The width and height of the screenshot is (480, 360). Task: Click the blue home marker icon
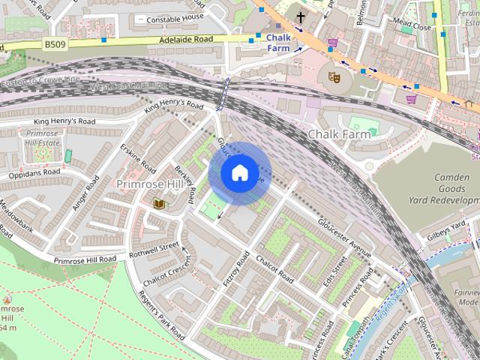(x=239, y=173)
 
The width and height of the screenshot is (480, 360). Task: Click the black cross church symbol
(x=301, y=17)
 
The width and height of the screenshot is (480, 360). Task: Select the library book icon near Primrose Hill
(x=158, y=203)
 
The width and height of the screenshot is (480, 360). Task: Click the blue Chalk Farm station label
(x=278, y=42)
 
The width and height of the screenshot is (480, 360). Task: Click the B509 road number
(x=55, y=45)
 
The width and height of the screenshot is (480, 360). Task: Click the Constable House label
(x=175, y=17)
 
